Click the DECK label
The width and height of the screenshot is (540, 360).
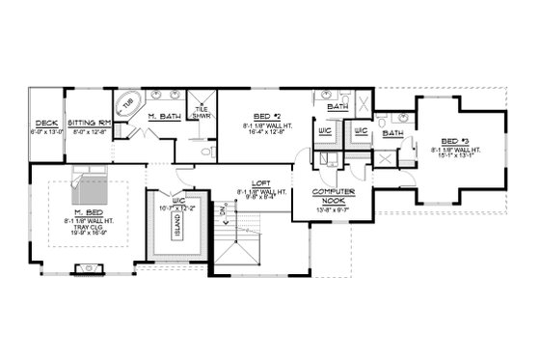point(45,124)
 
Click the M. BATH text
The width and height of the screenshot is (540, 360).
point(165,117)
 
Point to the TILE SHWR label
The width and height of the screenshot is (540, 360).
point(202,111)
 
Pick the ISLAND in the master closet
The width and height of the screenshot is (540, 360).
point(176,225)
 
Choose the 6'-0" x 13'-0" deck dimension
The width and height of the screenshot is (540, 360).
point(45,132)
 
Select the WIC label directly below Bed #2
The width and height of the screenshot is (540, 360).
point(323,131)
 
